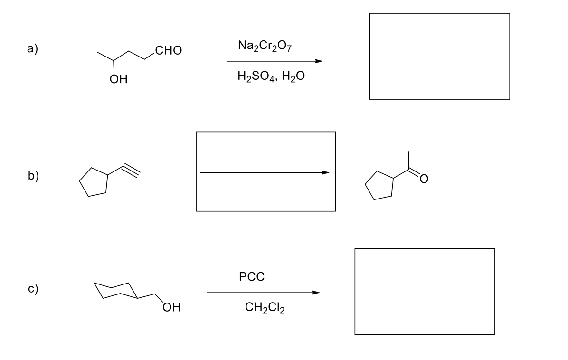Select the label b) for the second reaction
33,175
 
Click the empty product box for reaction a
439,56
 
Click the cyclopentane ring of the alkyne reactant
94,182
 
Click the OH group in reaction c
170,307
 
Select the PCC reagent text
252,276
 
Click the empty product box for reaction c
424,291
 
